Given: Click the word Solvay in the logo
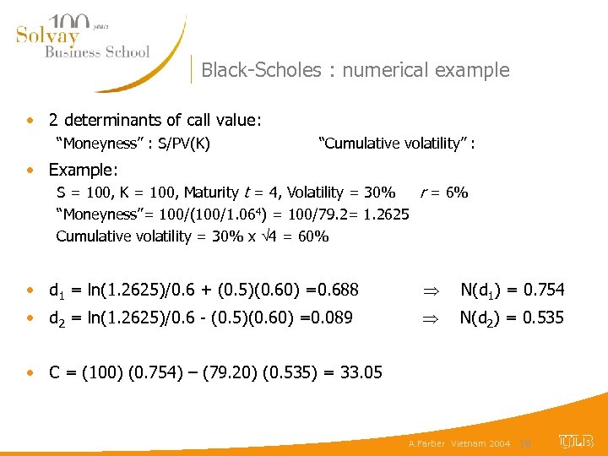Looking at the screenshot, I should [47, 35].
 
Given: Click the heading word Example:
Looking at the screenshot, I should [84, 170].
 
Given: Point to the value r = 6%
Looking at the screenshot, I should [443, 192].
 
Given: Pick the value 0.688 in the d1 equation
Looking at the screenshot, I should [336, 290].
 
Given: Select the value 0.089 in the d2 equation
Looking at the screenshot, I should [337, 318].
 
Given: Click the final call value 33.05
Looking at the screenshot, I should [359, 372].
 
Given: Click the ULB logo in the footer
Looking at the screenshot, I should [576, 441].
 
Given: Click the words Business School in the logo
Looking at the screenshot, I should [96, 52].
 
